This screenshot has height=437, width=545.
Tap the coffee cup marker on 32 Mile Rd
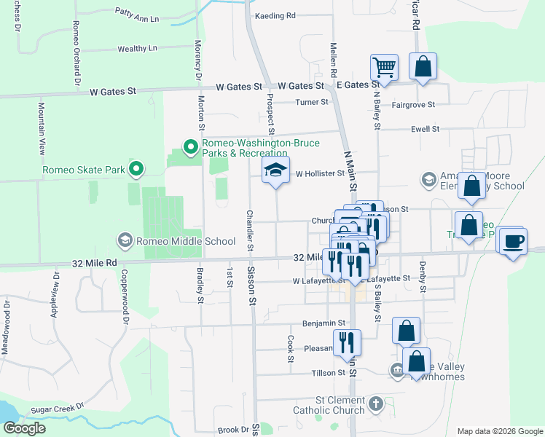coord(514,240)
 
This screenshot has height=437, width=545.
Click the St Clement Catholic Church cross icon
coord(375,403)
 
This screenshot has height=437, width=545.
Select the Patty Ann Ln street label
coord(137,12)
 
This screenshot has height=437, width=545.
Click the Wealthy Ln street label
coord(137,49)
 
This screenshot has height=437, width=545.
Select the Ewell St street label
coord(426,129)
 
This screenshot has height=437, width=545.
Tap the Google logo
coord(24,428)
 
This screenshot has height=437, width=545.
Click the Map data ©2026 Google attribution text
coord(498,431)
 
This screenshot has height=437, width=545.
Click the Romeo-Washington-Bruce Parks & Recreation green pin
coord(191,148)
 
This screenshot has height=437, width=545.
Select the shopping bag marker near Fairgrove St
coord(423,66)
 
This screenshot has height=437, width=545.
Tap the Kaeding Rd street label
coord(275,15)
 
